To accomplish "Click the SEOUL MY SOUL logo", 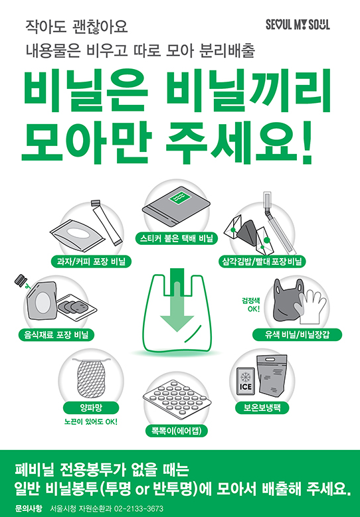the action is click(298, 25).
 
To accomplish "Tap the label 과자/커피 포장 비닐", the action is click(92, 261).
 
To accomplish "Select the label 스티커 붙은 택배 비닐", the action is click(177, 238).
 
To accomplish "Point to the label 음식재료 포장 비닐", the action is click(56, 335).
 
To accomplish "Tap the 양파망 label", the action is click(91, 408).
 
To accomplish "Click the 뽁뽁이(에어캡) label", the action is click(177, 431).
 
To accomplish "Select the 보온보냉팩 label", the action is click(262, 407).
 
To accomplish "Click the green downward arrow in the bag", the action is click(177, 303).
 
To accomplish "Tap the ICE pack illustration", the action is click(246, 381).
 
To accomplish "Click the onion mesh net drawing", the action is click(91, 378).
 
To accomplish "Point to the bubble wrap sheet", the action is click(177, 400).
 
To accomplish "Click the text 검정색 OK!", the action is click(251, 305).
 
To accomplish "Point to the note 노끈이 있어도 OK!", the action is click(91, 421).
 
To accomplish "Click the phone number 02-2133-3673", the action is click(139, 509).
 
